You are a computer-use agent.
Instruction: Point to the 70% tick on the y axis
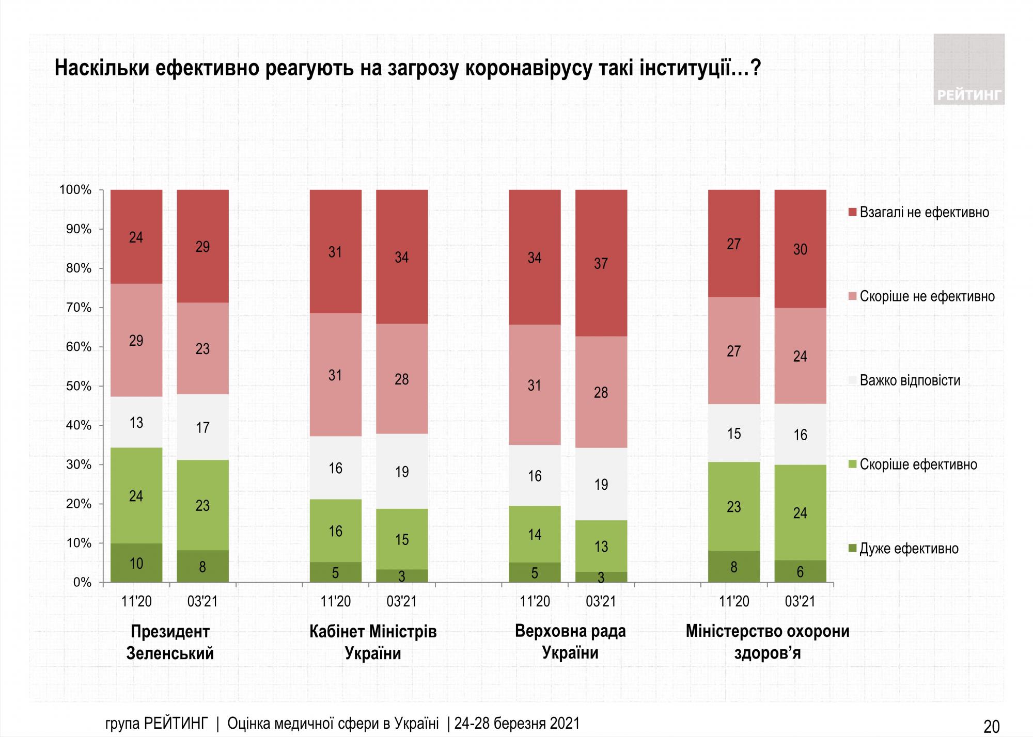[79, 308]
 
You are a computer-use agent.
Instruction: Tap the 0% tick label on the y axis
[82, 582]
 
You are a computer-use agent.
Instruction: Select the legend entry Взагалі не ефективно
[924, 213]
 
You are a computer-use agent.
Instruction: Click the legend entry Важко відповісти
[910, 381]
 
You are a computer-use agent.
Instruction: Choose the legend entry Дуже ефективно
[909, 549]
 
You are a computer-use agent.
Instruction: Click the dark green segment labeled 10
[136, 563]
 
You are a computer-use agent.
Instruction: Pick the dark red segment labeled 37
[601, 263]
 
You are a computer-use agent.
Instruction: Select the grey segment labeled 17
[202, 427]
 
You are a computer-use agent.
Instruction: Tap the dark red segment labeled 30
[800, 249]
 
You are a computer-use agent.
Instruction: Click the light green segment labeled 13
[601, 546]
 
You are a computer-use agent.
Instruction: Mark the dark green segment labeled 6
[800, 571]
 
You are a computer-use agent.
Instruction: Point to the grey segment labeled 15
[733, 433]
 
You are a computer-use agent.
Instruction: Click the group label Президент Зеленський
[170, 642]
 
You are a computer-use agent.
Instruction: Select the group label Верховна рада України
[570, 642]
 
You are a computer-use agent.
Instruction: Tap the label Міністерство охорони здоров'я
[767, 642]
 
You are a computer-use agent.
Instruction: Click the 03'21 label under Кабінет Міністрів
[401, 601]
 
